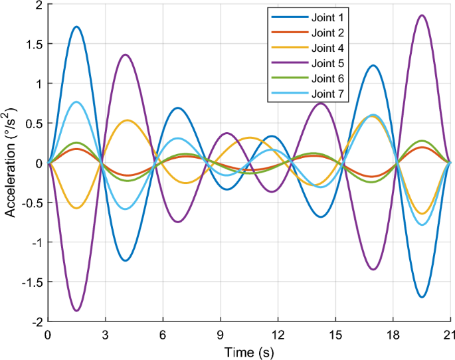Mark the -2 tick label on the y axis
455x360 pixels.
pyautogui.click(x=35, y=321)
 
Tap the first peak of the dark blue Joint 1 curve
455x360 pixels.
pyautogui.click(x=77, y=27)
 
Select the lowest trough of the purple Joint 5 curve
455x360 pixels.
pyautogui.click(x=77, y=311)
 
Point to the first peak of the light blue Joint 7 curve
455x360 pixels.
pyautogui.click(x=77, y=102)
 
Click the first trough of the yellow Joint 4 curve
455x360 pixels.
pyautogui.click(x=77, y=208)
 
